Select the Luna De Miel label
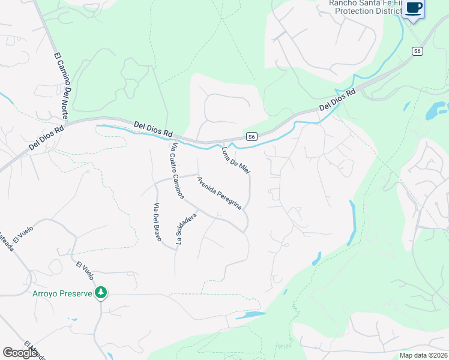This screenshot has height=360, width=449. (x=236, y=161)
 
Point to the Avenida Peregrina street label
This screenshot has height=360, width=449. (x=219, y=193)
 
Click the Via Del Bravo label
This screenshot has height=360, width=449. (x=157, y=223)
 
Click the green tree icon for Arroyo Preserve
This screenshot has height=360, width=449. (x=102, y=293)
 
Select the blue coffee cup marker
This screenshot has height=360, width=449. (x=414, y=8)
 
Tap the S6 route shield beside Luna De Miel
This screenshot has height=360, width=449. (x=252, y=137)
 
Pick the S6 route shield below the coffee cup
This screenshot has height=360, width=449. (x=417, y=52)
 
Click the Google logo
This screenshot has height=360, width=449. (x=20, y=353)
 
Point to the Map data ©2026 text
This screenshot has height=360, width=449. (x=423, y=355)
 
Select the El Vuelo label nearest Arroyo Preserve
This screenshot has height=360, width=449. (x=85, y=271)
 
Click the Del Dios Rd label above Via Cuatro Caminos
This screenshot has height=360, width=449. (x=153, y=128)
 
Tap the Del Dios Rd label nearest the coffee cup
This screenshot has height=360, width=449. (x=337, y=100)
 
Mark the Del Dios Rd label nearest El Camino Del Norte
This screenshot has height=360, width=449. (x=46, y=137)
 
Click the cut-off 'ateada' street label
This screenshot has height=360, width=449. (x=6, y=245)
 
